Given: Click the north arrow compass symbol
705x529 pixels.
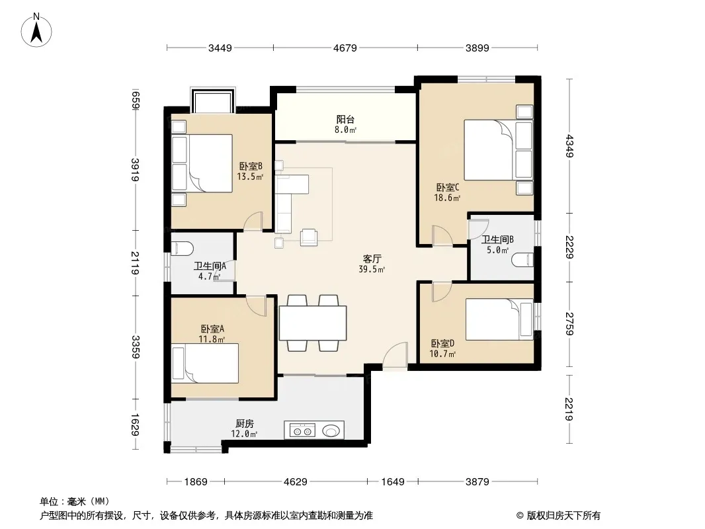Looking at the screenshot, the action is coord(36,30).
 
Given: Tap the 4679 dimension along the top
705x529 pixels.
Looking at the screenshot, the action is coord(345,48).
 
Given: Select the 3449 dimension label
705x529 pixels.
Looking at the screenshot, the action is coord(220,48).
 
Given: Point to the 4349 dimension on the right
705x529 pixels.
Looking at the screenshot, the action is coord(569,146).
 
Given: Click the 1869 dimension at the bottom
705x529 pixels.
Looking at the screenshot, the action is coord(196,482).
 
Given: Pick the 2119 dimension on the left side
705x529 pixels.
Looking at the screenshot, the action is coord(135,263).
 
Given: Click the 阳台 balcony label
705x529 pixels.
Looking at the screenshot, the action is coord(345,119).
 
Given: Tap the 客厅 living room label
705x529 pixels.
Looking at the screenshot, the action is coord(372,259).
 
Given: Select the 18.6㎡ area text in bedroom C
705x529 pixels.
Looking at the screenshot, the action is coord(447,198).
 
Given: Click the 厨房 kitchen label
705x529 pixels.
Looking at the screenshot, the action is coord(245,423).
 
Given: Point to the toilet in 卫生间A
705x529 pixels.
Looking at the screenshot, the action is coord(182,248).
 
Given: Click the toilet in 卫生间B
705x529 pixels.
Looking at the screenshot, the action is coord(522,259).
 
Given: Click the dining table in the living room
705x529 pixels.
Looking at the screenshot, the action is coord(313,323).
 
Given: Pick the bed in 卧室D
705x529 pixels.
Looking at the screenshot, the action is coord(499,319).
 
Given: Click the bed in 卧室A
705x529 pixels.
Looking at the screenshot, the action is coord(205,363).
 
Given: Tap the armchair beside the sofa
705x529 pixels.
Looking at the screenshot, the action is coord(308,237).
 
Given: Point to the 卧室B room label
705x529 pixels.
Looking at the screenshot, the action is coord(251,166).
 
